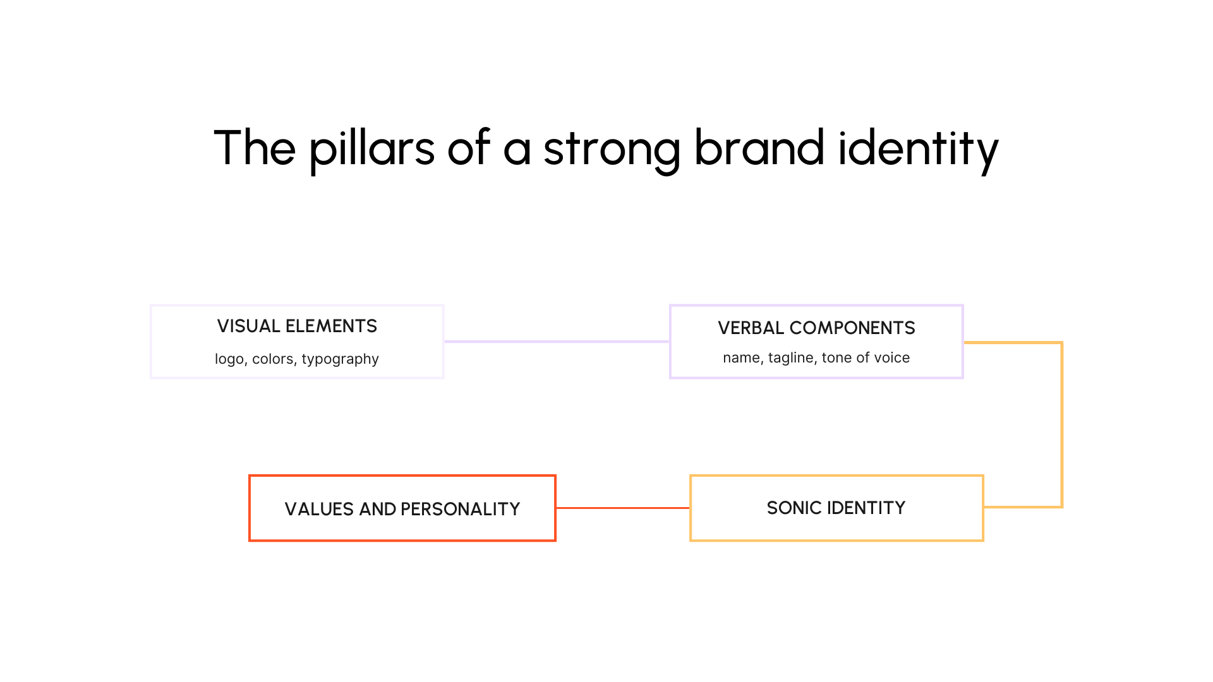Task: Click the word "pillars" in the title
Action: point(371,148)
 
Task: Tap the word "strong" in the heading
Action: point(612,148)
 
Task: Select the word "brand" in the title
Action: point(759,148)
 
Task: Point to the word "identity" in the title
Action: point(918,148)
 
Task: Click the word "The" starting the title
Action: point(255,148)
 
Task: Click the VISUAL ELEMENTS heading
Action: point(297,326)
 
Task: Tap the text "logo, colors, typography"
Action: point(297,359)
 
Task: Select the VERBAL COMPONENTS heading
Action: point(816,328)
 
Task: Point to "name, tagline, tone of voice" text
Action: point(816,357)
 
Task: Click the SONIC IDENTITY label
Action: point(836,508)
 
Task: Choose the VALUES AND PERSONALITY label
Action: point(402,509)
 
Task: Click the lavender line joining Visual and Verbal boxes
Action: point(556,342)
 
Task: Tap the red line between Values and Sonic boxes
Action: point(622,508)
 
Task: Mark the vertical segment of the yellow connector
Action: point(1062,424)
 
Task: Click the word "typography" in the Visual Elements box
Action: point(340,359)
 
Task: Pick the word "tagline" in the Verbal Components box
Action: point(791,358)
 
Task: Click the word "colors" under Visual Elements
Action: point(273,359)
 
